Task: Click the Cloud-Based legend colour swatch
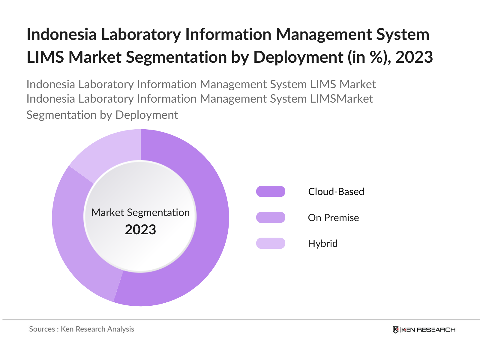tap(271, 191)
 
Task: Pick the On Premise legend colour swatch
tap(271, 217)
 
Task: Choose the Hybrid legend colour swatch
tap(271, 243)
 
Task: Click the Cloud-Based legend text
tap(336, 191)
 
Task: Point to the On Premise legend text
tap(333, 217)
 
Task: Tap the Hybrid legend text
tap(323, 243)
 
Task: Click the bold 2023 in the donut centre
tap(140, 230)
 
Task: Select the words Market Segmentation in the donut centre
tap(140, 212)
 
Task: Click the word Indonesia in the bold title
tap(61, 34)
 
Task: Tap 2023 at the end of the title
tap(414, 57)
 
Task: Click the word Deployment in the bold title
tap(298, 57)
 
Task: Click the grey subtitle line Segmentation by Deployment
tap(102, 115)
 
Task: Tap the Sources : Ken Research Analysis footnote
tap(82, 329)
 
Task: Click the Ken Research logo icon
tap(396, 330)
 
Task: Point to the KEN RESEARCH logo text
tap(428, 330)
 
